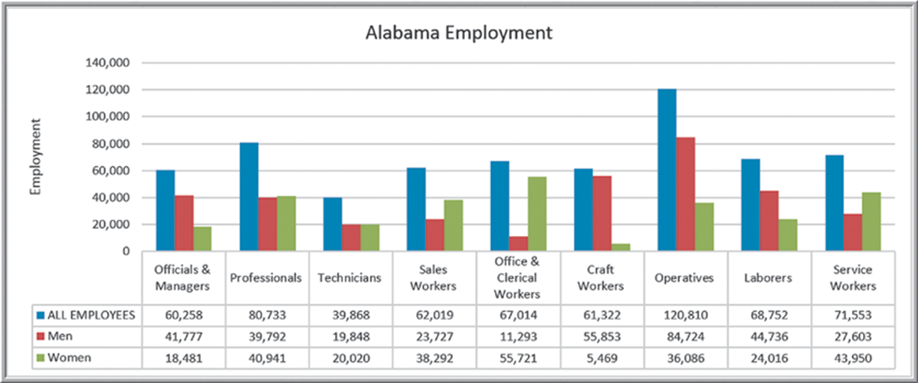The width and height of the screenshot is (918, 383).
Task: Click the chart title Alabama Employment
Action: (x=459, y=33)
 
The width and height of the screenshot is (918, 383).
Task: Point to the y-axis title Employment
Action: (x=36, y=157)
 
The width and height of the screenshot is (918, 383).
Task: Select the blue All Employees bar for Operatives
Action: (x=667, y=170)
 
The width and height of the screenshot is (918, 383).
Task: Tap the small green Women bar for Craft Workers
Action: (x=621, y=247)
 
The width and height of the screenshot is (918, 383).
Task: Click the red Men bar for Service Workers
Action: (x=853, y=232)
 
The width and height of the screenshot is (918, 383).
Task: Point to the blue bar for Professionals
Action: (x=249, y=197)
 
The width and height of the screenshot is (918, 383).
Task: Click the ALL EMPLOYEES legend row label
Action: (x=90, y=315)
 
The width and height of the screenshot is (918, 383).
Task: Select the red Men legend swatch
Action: (x=40, y=337)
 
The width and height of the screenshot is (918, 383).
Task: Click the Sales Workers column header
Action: (x=434, y=278)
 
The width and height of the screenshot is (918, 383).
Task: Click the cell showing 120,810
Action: (x=686, y=315)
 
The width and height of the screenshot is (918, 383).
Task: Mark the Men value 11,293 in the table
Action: (x=518, y=337)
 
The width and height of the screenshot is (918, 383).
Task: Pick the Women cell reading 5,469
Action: (x=602, y=358)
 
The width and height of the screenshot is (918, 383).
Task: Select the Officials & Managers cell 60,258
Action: (x=183, y=315)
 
